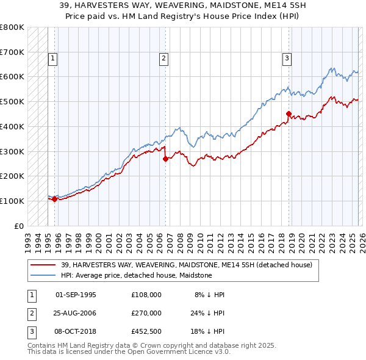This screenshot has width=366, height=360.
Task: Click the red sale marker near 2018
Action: tap(289, 113)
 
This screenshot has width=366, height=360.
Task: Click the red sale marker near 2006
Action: tap(165, 159)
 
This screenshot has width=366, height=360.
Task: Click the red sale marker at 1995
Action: tap(54, 199)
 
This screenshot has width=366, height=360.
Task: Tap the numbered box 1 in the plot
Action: tap(53, 59)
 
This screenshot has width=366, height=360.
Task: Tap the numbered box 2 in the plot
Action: tap(164, 59)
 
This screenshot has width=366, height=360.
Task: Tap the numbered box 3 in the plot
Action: tap(287, 59)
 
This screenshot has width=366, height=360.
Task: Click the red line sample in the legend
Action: tap(44, 265)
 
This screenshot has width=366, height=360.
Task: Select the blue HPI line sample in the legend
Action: tap(44, 275)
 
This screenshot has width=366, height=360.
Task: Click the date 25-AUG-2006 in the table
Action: tap(76, 313)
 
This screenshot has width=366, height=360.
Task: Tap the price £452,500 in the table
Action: tap(146, 332)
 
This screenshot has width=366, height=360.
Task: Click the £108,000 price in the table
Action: tap(146, 294)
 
